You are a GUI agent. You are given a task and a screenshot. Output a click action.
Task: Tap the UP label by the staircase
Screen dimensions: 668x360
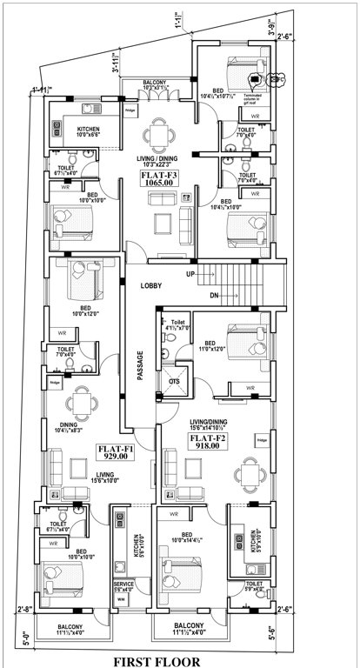[190, 273]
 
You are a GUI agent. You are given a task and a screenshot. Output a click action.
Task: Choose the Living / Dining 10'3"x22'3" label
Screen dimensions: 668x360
[157, 163]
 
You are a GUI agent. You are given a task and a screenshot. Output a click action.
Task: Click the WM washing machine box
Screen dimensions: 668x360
[121, 600]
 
